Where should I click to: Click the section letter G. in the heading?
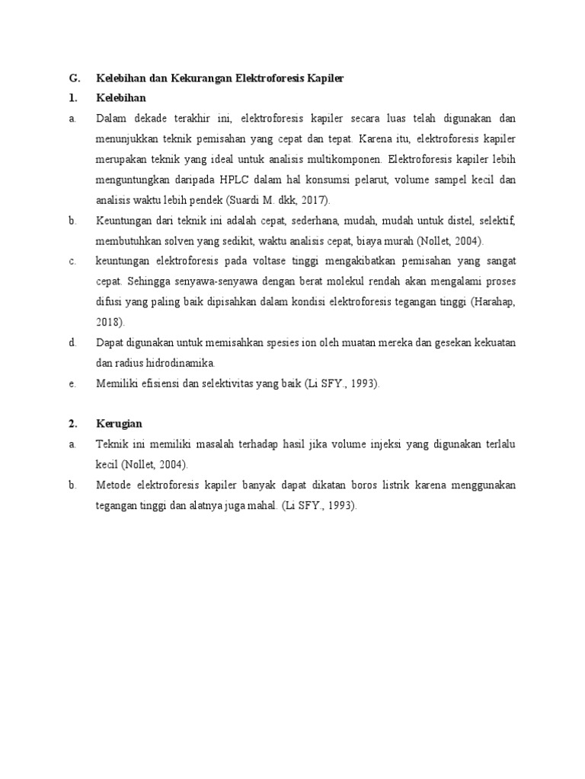[74, 78]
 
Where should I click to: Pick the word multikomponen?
[347, 160]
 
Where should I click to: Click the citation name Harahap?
[496, 302]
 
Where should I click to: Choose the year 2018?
[108, 322]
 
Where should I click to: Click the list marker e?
[72, 383]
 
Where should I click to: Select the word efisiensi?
[162, 383]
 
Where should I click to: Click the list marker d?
[72, 342]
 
